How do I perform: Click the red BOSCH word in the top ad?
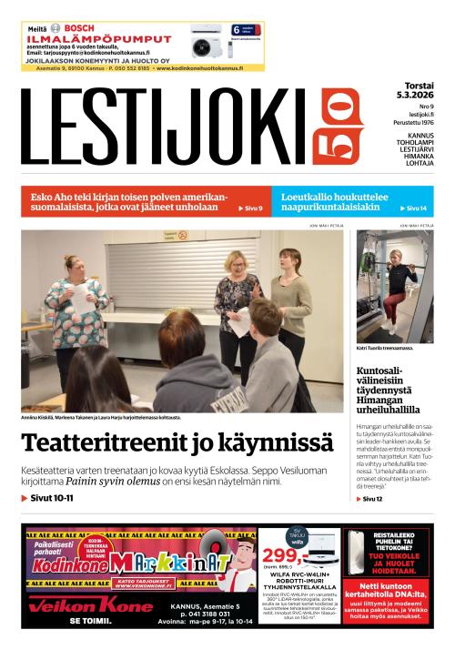pyautogui.click(x=79, y=28)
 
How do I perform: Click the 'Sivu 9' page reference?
pyautogui.click(x=250, y=208)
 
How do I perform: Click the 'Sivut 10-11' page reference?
pyautogui.click(x=49, y=499)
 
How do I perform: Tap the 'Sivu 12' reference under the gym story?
pyautogui.click(x=372, y=499)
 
